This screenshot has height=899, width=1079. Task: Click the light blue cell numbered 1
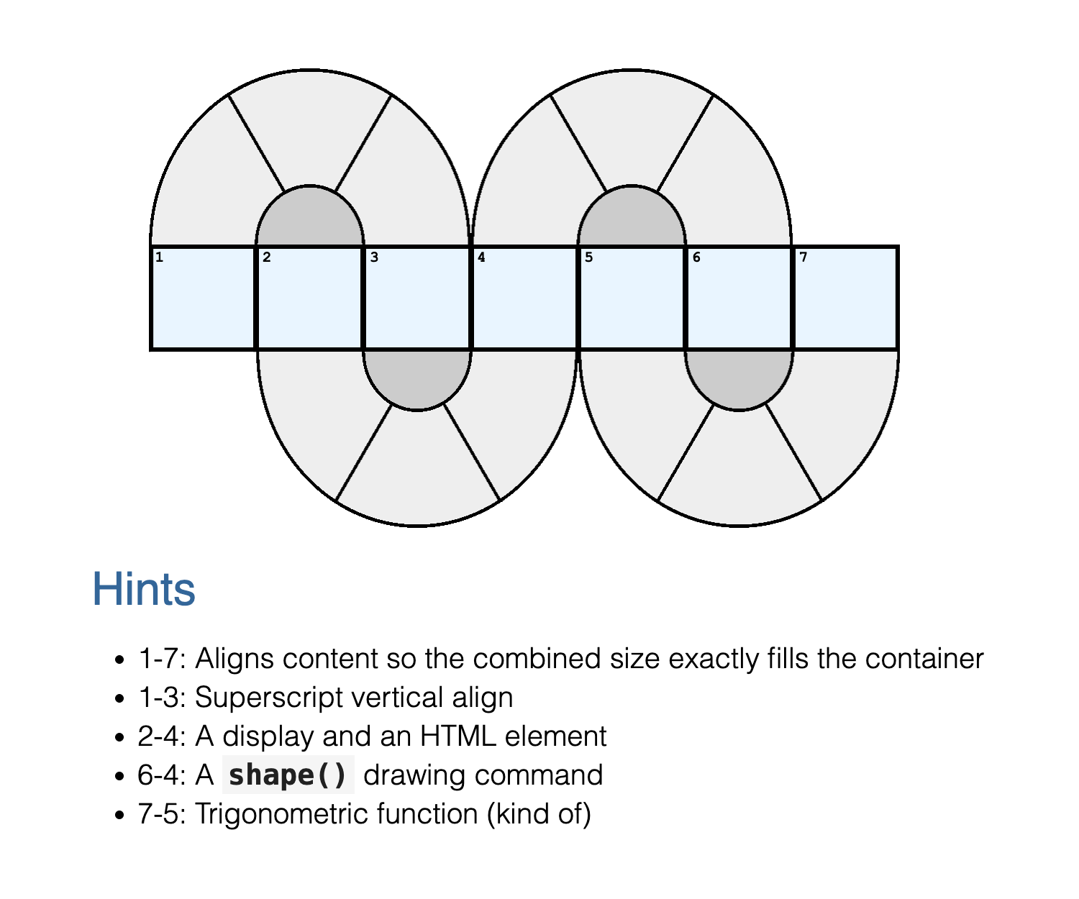(203, 298)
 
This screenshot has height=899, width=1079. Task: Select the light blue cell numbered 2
(310, 298)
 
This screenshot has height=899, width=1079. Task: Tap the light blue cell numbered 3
(417, 298)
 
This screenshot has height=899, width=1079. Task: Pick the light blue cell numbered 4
(524, 298)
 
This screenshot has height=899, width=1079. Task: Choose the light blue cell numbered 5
(632, 298)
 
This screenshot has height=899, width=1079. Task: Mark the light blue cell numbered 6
(739, 298)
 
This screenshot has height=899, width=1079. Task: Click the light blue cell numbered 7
(846, 298)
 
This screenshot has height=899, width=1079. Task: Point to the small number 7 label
(803, 257)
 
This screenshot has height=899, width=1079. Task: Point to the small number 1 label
(159, 257)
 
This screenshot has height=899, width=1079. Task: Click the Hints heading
(144, 589)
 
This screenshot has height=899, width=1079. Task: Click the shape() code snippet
(288, 775)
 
